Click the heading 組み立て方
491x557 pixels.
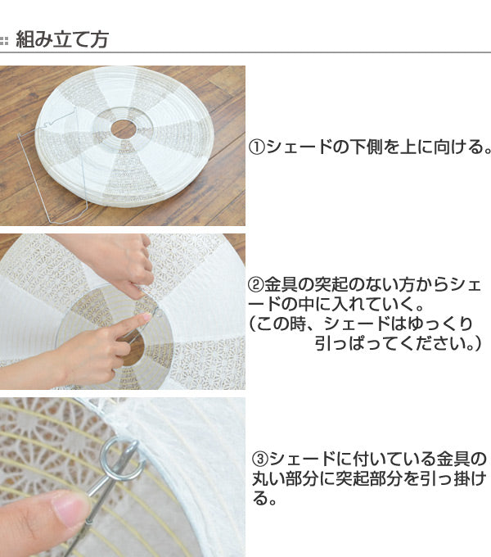tap(62, 39)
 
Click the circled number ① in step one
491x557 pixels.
tap(257, 147)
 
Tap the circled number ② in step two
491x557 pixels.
tap(255, 285)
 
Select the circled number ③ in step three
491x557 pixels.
tap(260, 459)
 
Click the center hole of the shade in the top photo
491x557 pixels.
tap(123, 129)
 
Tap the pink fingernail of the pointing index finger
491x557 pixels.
tap(146, 316)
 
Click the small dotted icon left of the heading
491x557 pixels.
tap(4, 40)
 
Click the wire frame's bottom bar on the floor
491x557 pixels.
tap(68, 222)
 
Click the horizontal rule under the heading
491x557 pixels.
tap(245, 52)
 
